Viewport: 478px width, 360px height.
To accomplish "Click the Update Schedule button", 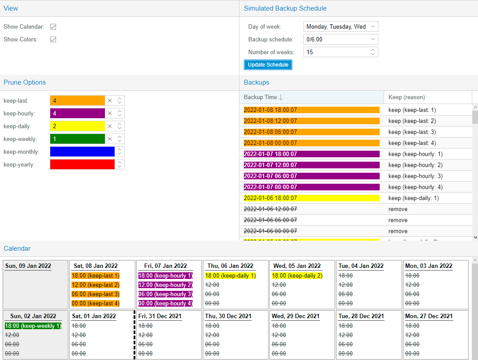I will click(x=268, y=65).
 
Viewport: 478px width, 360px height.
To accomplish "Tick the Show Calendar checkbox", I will click(x=53, y=26).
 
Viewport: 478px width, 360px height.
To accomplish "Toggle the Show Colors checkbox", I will click(x=53, y=39).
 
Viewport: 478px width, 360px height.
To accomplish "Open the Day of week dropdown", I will click(x=340, y=26).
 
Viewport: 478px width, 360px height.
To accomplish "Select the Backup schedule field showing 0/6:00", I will click(x=340, y=39).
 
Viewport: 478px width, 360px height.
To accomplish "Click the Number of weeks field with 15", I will click(x=336, y=52).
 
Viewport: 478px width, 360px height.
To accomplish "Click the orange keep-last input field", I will click(x=77, y=100).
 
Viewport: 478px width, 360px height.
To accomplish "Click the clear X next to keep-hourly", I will click(x=110, y=113).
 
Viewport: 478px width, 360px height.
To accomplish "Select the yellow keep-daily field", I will click(x=77, y=126).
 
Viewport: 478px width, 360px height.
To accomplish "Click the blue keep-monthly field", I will click(x=82, y=152).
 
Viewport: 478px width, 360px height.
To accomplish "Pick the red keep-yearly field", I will click(x=82, y=164).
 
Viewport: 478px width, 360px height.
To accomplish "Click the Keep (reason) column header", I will click(x=407, y=97).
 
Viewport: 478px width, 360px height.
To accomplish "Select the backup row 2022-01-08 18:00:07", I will click(x=311, y=110).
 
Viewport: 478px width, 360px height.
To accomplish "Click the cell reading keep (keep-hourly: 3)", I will click(x=415, y=176).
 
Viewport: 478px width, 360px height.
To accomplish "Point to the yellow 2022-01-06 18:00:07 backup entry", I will click(x=311, y=198).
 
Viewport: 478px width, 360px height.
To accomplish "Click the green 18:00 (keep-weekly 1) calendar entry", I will click(x=33, y=326).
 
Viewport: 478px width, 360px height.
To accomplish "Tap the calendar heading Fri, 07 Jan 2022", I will click(x=166, y=266).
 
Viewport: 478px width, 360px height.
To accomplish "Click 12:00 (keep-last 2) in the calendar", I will click(x=95, y=285).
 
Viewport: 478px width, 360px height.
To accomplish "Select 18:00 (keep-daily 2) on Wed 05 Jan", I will click(x=297, y=275).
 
